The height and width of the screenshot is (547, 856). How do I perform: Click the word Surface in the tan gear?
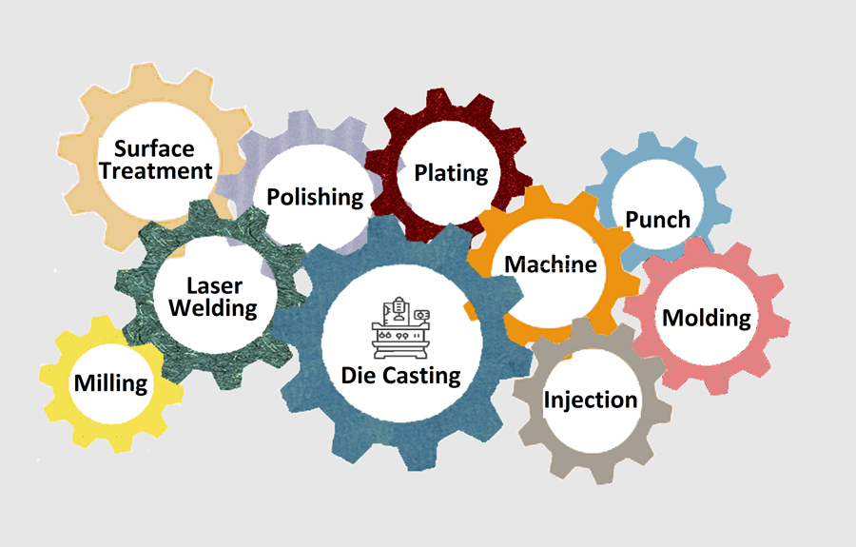pos(154,148)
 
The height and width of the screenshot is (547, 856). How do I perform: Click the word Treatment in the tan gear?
pos(156,171)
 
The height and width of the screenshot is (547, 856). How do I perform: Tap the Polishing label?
pos(315,197)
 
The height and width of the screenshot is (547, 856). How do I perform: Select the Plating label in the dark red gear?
pos(451,173)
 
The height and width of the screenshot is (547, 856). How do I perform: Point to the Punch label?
pos(657,219)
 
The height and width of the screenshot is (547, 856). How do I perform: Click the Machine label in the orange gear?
pos(551,264)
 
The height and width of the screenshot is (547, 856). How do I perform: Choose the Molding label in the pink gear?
pos(707,318)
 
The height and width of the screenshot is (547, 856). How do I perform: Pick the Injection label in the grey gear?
pos(590,400)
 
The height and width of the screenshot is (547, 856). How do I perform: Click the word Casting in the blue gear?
pos(420,377)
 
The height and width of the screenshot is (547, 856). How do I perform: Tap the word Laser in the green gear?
pos(214,285)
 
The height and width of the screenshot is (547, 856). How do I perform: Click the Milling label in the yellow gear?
pos(111,383)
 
